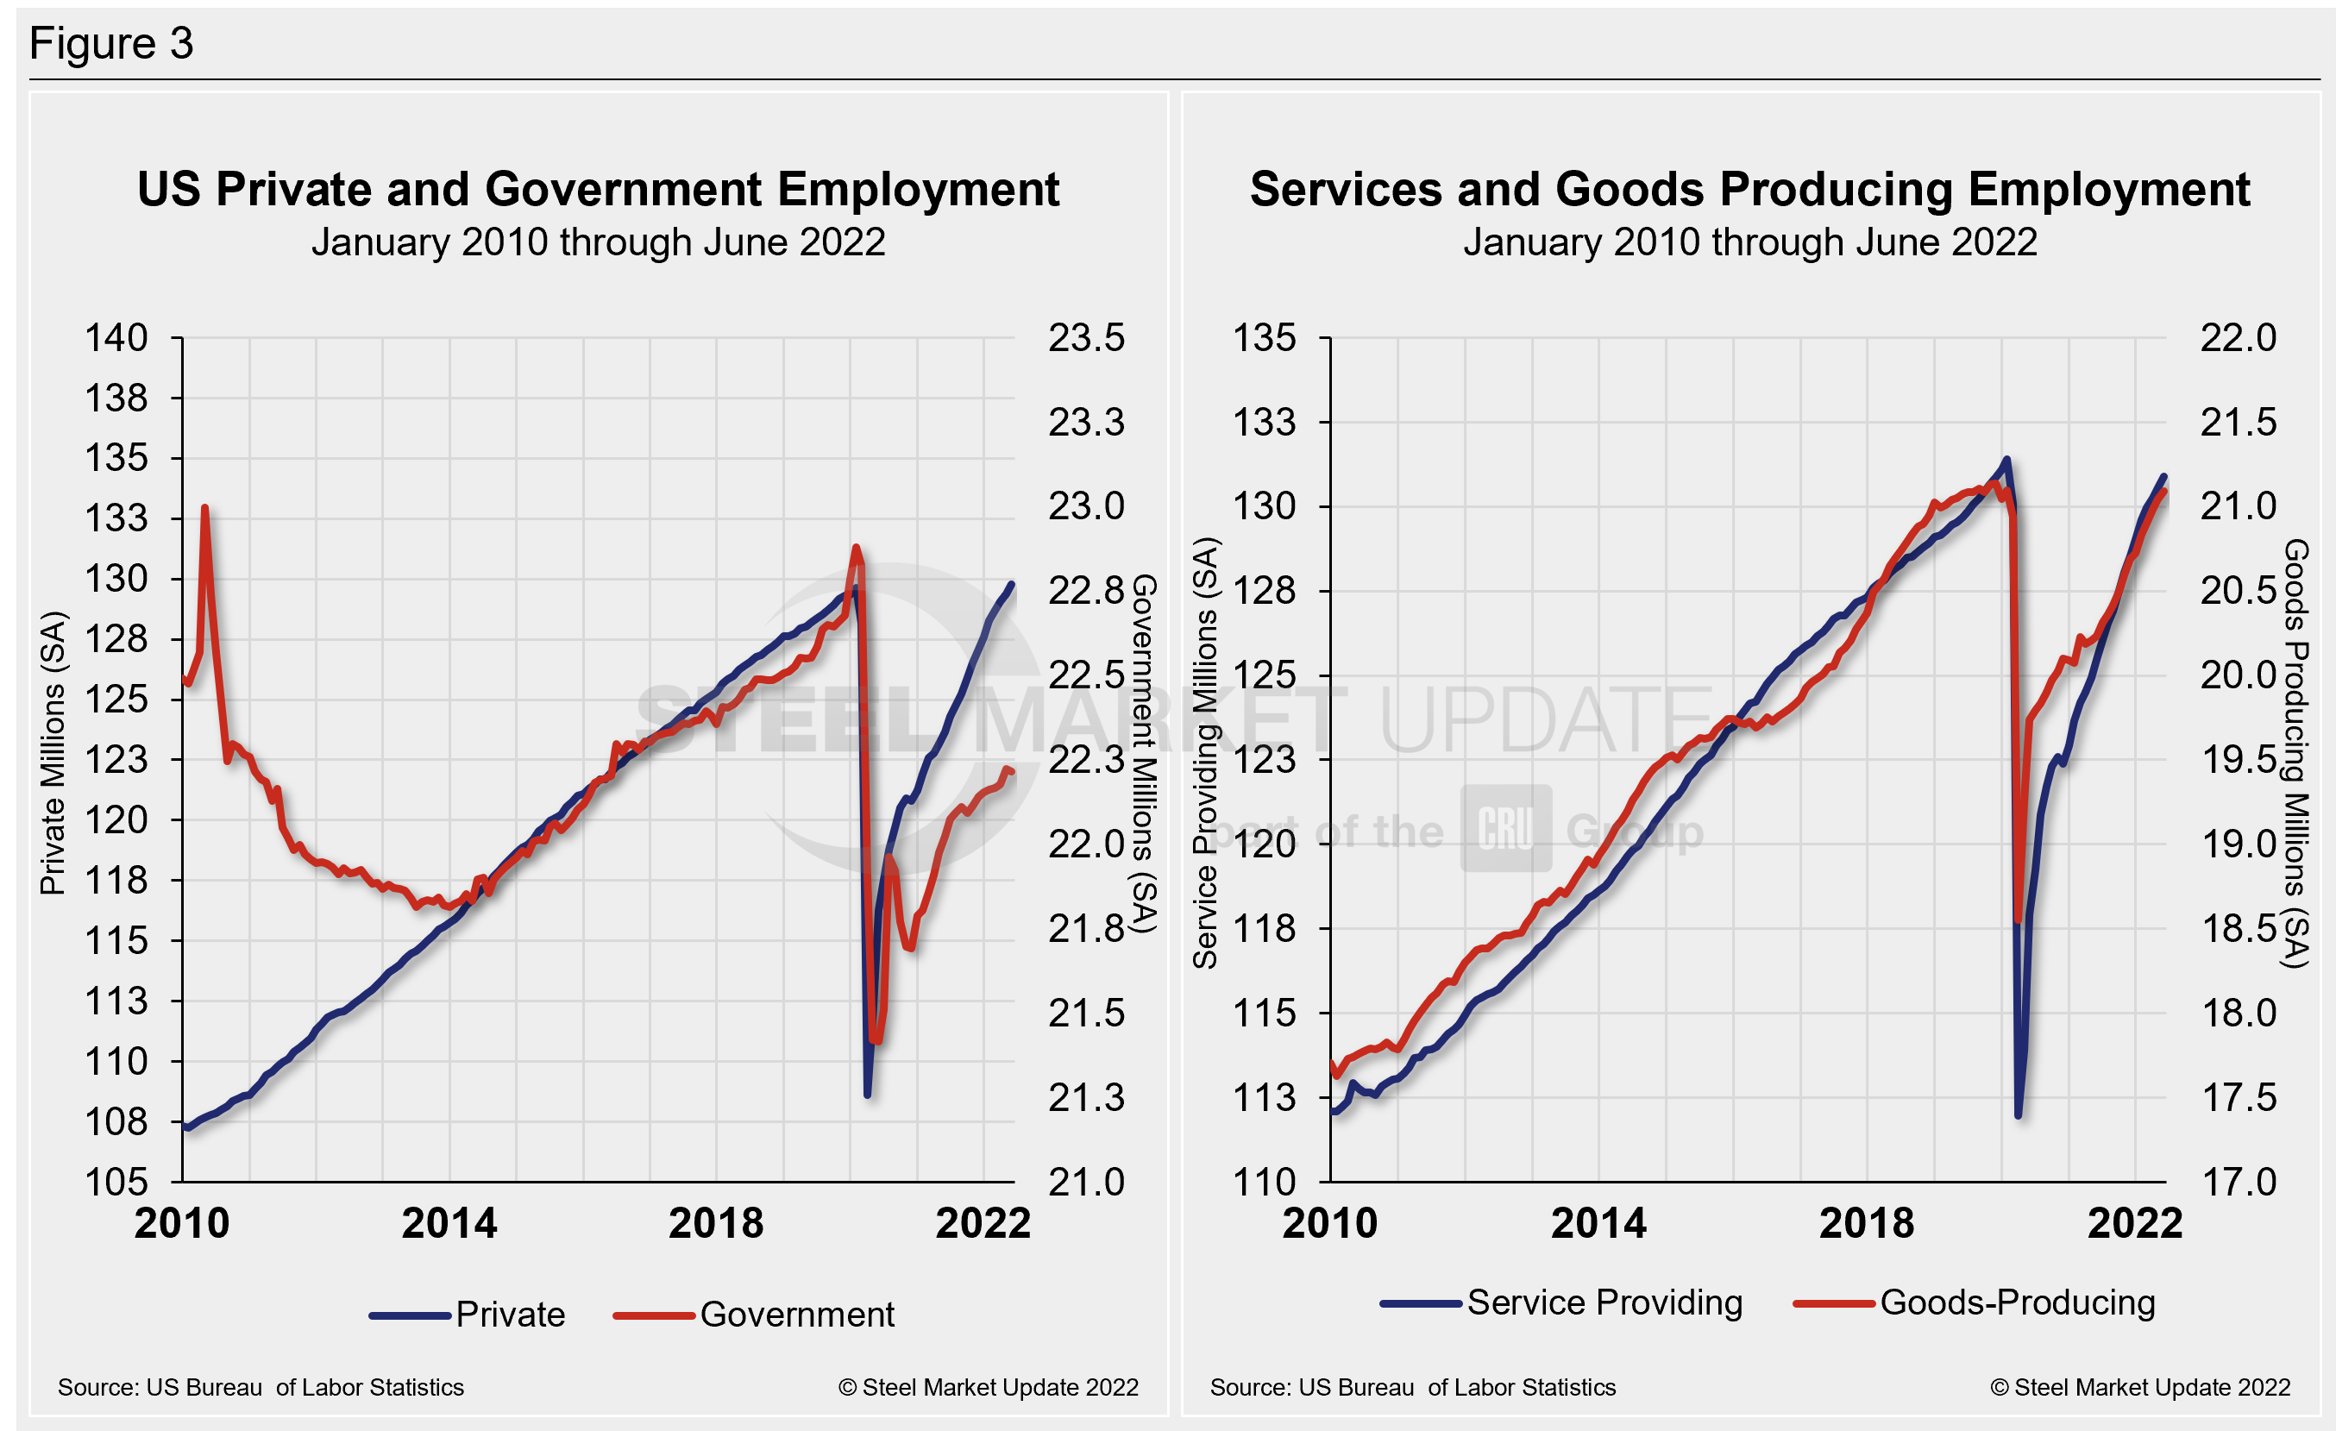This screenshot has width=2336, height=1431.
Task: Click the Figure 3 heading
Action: pos(111,44)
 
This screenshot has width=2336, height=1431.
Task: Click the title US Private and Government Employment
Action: pos(597,190)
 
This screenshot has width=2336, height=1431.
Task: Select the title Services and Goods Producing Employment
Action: pos(1749,190)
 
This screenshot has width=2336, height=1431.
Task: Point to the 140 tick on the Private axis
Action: pos(116,338)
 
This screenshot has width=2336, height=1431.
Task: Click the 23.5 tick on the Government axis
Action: pos(1085,338)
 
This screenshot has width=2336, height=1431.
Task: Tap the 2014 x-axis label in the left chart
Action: pos(449,1222)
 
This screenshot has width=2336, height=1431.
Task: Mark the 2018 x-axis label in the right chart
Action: pos(1866,1222)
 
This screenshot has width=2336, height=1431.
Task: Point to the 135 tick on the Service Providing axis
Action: pos(1263,338)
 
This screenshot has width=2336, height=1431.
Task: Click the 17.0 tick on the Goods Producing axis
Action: pos(2238,1182)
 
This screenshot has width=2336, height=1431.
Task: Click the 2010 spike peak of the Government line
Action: pos(204,509)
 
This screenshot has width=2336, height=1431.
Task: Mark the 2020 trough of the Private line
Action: pos(868,1095)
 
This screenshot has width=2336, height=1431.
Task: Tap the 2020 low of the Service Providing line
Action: pos(2019,1114)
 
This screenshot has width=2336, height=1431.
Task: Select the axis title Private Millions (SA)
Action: pos(53,753)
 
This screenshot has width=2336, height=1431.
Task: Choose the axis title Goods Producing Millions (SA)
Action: pos(2295,753)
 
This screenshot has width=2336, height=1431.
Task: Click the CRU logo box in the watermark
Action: pos(1505,828)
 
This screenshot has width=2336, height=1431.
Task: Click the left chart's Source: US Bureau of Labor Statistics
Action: pos(261,1387)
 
